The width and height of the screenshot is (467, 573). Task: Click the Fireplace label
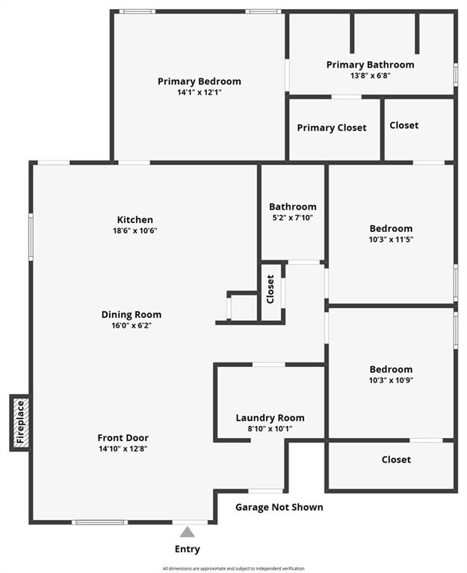(20, 422)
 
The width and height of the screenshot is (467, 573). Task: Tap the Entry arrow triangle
(187, 532)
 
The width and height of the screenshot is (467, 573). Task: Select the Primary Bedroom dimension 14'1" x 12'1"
(200, 93)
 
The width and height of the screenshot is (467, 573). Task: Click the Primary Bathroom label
(371, 65)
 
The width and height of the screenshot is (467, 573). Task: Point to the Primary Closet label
(332, 128)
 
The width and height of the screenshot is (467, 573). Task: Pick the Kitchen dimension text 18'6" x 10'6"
(135, 231)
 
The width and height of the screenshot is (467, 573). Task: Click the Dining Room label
(132, 315)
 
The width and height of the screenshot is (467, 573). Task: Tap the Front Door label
(123, 438)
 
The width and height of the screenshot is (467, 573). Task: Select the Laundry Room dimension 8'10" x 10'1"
(270, 429)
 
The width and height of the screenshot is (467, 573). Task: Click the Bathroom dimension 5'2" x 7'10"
(293, 218)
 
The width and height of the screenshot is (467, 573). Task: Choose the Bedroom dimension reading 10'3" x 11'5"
(392, 239)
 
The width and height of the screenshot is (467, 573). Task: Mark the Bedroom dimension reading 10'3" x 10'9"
(392, 381)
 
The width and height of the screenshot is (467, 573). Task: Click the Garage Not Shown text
(279, 507)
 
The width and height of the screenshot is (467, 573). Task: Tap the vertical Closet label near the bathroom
(270, 289)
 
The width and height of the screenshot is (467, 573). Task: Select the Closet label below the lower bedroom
(396, 460)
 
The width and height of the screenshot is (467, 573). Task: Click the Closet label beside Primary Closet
(404, 125)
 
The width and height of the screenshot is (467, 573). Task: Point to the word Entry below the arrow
(188, 549)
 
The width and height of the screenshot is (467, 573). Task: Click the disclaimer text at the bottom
(233, 569)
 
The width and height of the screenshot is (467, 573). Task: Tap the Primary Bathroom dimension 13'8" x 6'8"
(371, 76)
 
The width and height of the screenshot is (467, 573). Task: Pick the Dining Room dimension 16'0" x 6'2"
(132, 325)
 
